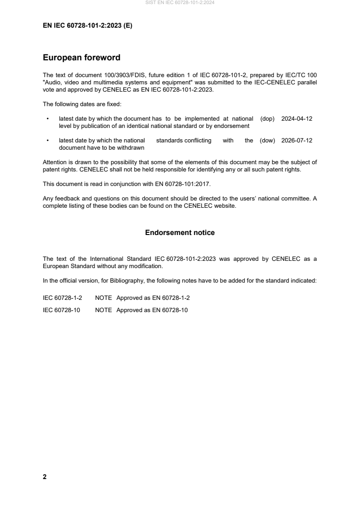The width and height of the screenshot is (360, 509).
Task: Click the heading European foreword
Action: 81,58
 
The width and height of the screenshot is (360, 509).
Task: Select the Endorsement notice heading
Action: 180,233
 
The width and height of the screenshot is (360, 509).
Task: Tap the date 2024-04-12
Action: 296,119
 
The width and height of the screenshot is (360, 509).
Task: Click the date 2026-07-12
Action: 296,141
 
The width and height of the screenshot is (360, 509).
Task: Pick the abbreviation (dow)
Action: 267,141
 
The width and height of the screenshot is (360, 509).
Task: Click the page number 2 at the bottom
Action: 44,477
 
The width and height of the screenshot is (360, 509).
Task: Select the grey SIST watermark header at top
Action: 180,3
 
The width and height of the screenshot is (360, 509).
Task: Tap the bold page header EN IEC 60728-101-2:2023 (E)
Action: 87,26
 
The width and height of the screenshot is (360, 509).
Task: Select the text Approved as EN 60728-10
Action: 152,310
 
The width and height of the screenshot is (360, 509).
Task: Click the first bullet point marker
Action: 48,119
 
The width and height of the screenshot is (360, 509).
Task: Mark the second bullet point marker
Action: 48,141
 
